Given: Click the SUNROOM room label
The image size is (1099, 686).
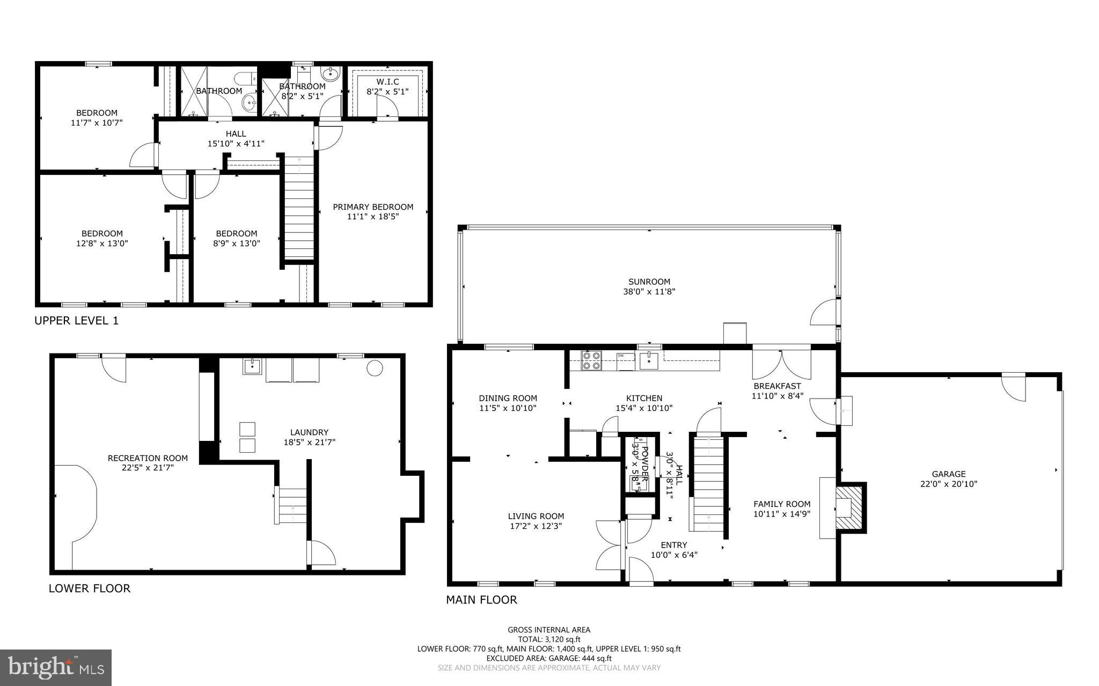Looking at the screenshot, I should [x=649, y=282].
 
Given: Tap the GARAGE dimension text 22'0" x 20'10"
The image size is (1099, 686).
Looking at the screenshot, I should [x=948, y=484].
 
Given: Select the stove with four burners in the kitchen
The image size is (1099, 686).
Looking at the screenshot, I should [x=592, y=361].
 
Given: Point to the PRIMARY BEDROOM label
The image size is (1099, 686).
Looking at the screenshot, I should [x=373, y=207].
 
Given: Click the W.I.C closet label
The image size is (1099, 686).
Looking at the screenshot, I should [x=387, y=82].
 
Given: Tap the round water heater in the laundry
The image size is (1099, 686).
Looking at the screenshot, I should [x=374, y=368].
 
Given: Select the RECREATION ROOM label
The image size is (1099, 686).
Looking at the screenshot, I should [x=148, y=458].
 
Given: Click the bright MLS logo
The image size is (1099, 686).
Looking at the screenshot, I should [x=56, y=667].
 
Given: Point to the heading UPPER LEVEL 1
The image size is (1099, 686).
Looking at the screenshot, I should [x=76, y=321].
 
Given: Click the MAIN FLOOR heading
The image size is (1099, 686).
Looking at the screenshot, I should [x=481, y=600].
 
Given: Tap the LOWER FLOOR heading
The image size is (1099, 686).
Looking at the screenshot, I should [x=89, y=588].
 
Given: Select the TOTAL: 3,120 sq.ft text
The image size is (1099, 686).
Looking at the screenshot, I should [x=549, y=639].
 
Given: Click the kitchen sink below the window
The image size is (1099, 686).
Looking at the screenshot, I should [x=649, y=359].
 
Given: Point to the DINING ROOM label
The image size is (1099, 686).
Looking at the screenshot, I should [x=508, y=398].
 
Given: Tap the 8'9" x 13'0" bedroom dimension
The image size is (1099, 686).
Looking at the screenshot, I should [x=237, y=243].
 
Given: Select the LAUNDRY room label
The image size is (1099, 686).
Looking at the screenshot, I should [x=309, y=432].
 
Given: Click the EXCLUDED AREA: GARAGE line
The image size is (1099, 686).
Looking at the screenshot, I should [x=549, y=658].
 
